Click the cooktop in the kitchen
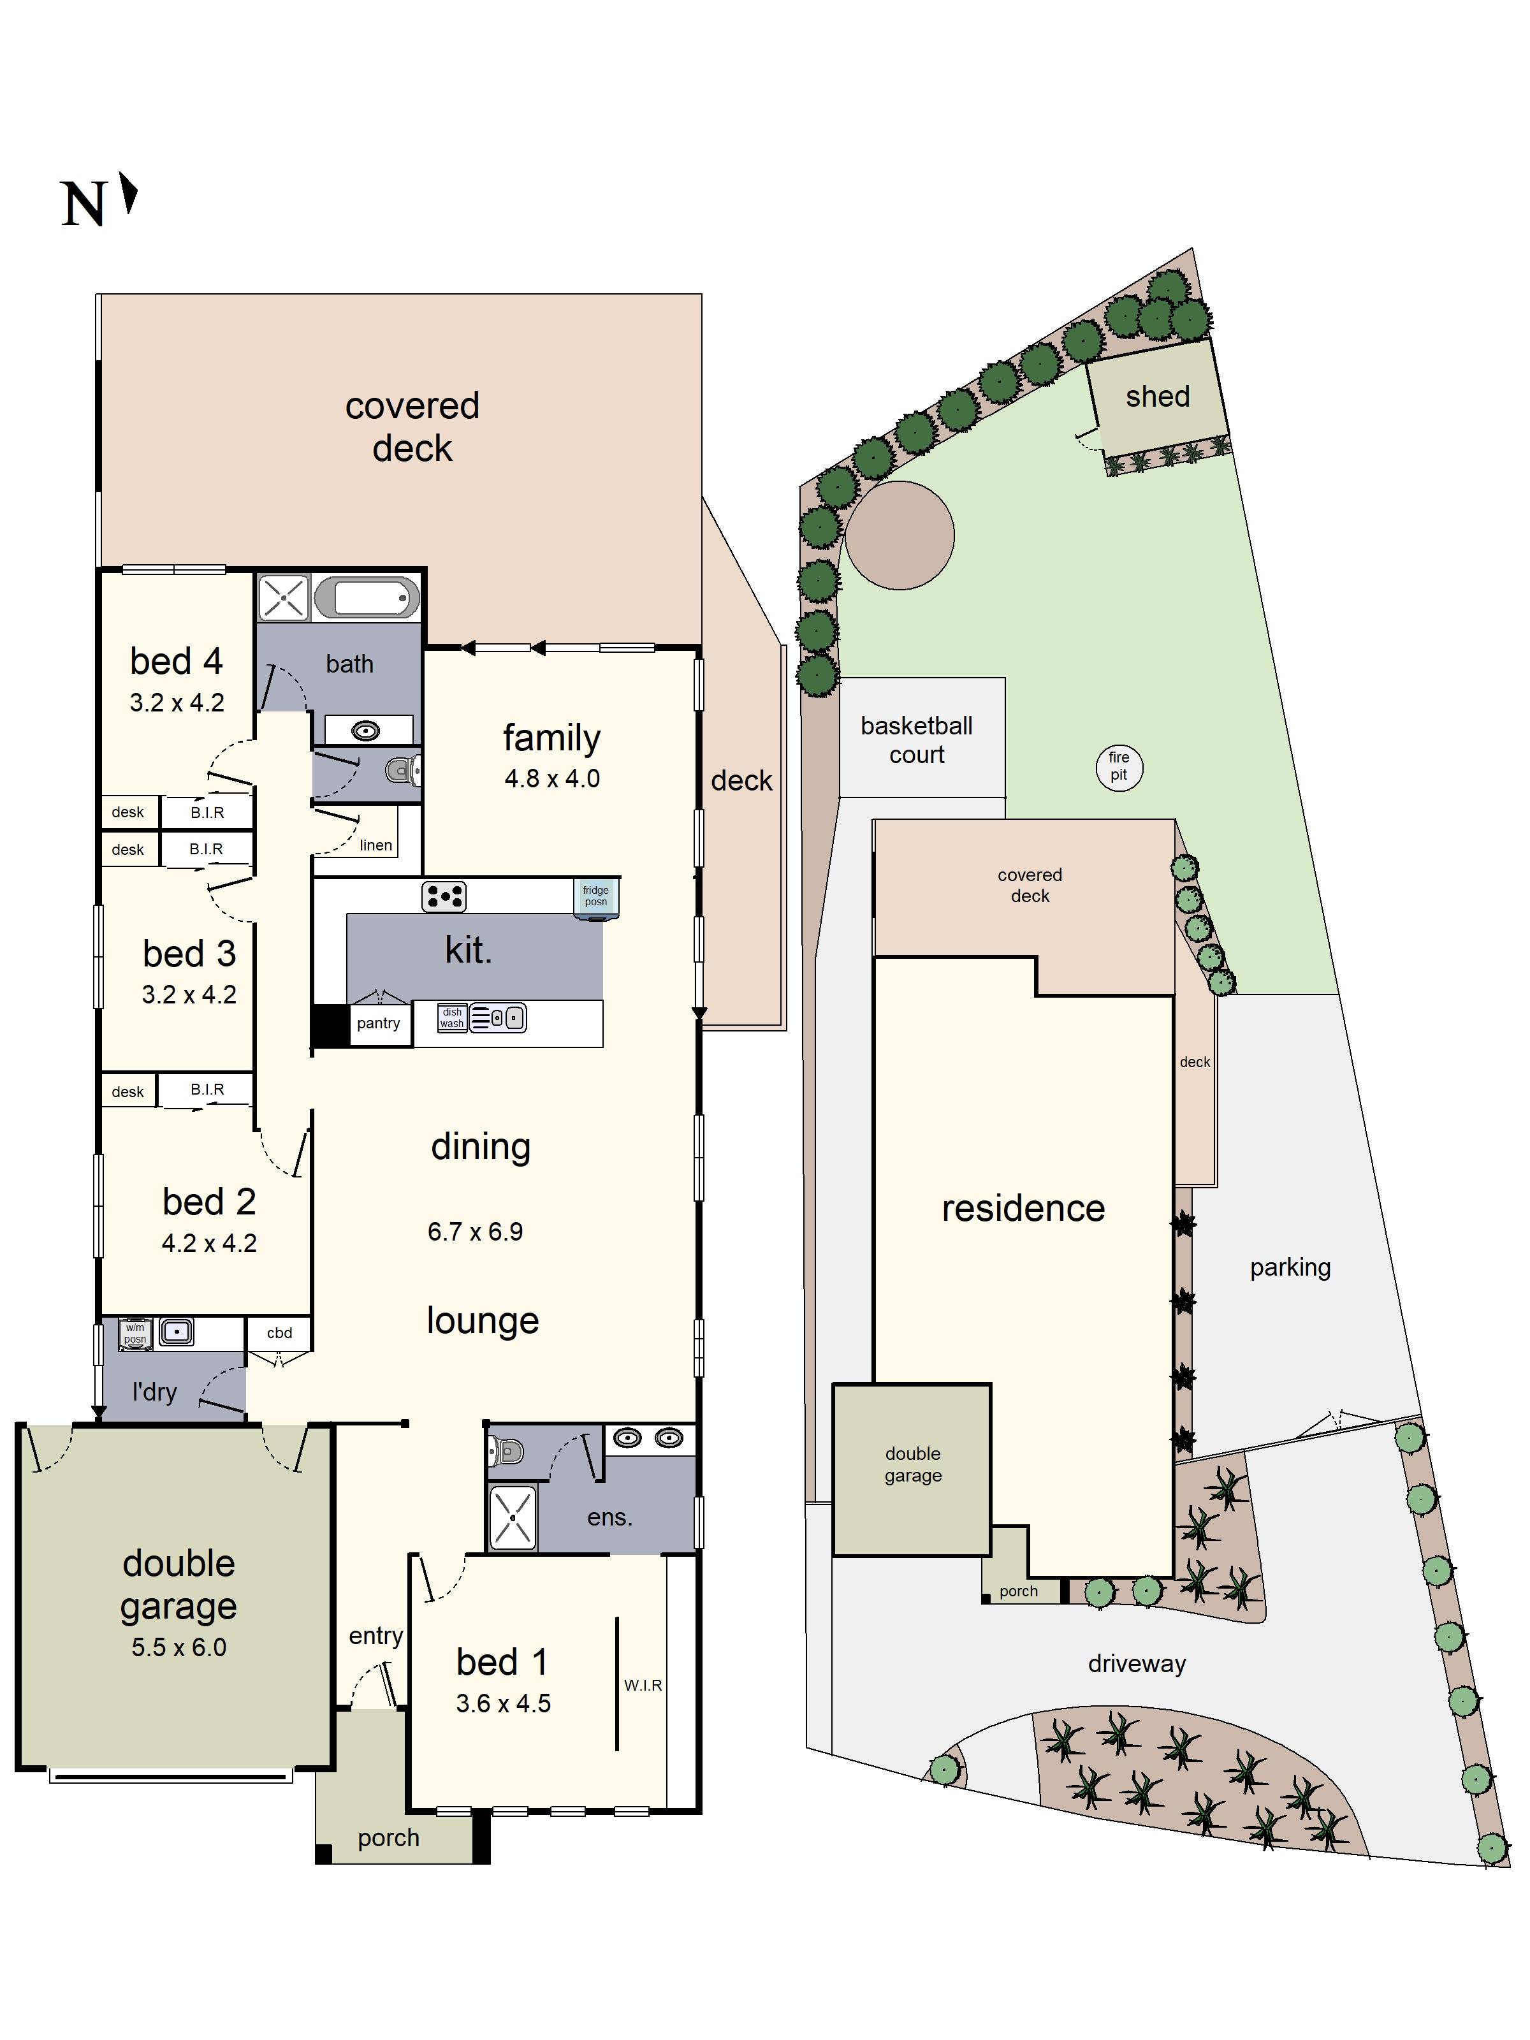coord(444,896)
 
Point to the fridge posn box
coord(596,896)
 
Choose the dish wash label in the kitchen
coord(452,1017)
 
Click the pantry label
coord(378,1023)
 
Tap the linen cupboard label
coord(375,845)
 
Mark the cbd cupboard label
coord(279,1332)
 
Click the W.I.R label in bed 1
coord(643,1685)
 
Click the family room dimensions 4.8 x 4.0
coord(551,778)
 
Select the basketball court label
coord(916,739)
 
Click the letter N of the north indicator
coord(83,204)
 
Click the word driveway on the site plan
coord(1136,1664)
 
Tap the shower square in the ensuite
coord(512,1517)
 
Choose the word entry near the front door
coord(375,1635)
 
